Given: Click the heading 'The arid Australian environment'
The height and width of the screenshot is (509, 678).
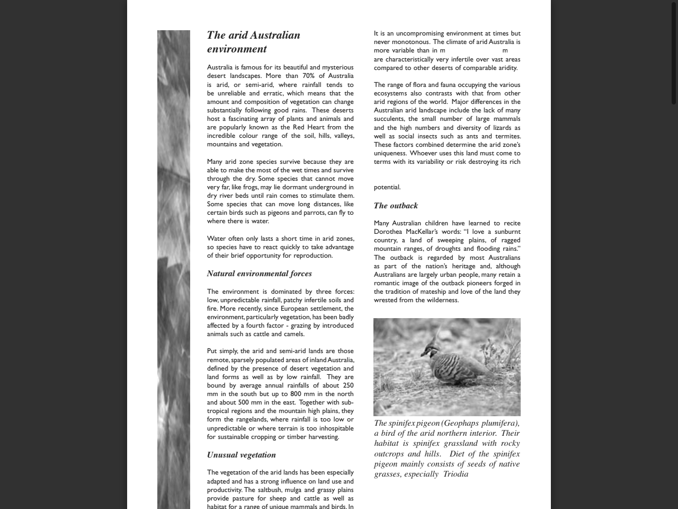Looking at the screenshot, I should click(x=253, y=42).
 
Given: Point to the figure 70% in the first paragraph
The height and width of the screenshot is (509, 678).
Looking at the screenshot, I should click(x=308, y=76).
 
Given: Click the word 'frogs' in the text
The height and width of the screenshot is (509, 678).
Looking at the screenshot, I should click(x=267, y=187).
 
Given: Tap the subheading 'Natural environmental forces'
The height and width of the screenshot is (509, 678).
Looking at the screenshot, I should click(x=259, y=274).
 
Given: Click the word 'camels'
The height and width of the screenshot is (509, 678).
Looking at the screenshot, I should click(x=294, y=334).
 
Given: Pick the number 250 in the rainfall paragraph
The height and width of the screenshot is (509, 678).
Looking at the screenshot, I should click(x=347, y=385).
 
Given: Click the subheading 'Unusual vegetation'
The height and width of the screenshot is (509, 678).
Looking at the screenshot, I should click(x=241, y=455).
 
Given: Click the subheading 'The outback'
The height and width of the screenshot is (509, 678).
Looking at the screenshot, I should click(x=395, y=206).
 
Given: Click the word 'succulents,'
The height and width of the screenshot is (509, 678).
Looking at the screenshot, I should click(x=389, y=119).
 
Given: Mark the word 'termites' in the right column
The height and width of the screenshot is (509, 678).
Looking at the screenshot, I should click(x=508, y=136).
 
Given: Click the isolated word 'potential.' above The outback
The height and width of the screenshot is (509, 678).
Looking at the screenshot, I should click(x=387, y=187).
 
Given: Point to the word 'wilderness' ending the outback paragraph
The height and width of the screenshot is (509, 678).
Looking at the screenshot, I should click(x=441, y=300).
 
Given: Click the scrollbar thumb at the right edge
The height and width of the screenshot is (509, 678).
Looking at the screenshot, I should click(x=673, y=53).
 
